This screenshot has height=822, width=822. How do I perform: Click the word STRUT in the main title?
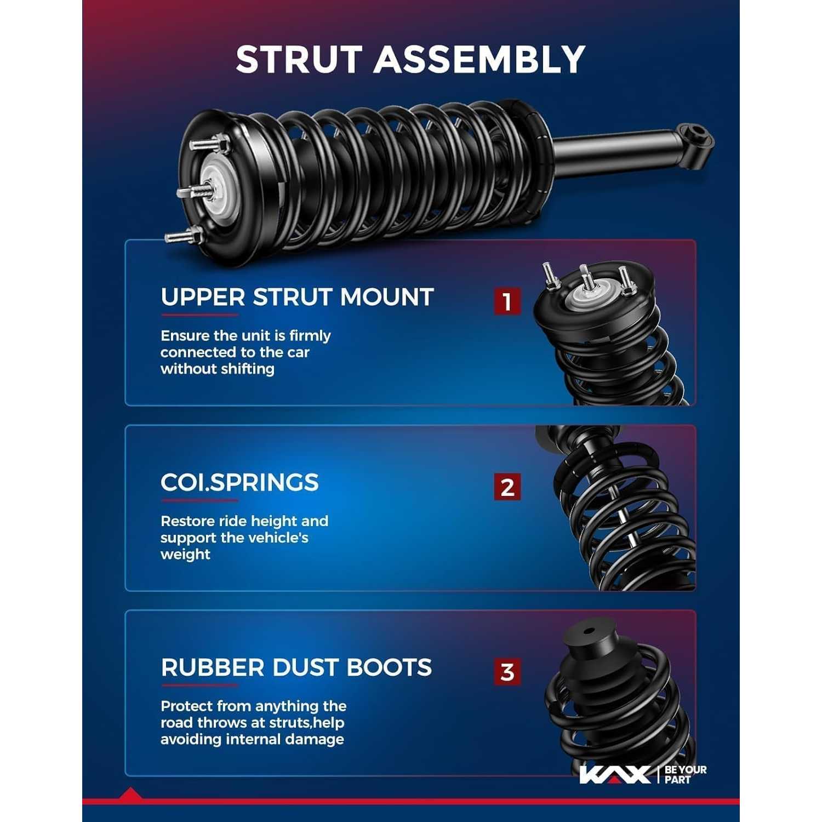point(300,59)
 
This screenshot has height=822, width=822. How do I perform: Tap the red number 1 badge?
point(507,301)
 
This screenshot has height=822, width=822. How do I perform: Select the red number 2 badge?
point(507,487)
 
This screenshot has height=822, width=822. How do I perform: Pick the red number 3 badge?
point(507,672)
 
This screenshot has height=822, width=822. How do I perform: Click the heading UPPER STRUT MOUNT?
point(297,297)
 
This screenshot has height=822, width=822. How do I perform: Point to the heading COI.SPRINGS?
point(239,482)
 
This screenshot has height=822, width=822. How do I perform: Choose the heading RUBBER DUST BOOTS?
point(296,667)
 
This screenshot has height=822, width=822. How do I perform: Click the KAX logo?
point(615,774)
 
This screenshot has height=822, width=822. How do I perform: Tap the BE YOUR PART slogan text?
point(686,774)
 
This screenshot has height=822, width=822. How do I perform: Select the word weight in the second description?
point(185,554)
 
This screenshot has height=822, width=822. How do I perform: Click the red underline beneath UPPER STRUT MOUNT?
point(199,315)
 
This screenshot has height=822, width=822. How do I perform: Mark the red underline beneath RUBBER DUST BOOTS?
point(199,685)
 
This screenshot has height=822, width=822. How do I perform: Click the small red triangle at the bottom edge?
point(130,794)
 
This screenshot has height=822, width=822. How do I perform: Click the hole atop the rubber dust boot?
point(589,630)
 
